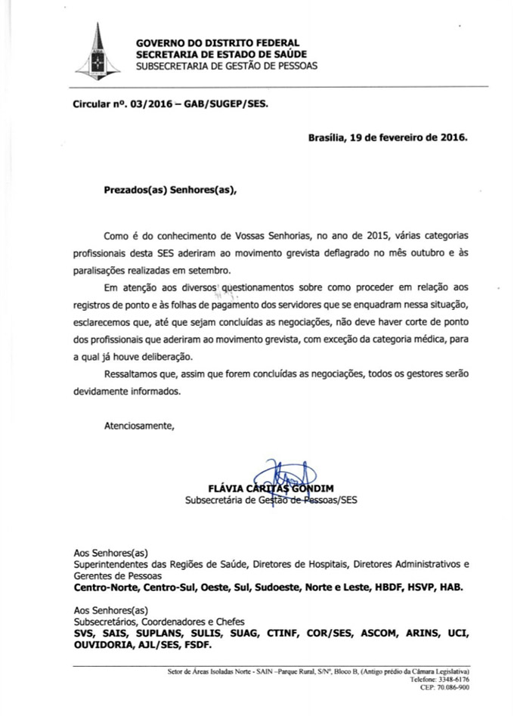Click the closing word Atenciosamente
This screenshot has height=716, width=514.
[x=139, y=426]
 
